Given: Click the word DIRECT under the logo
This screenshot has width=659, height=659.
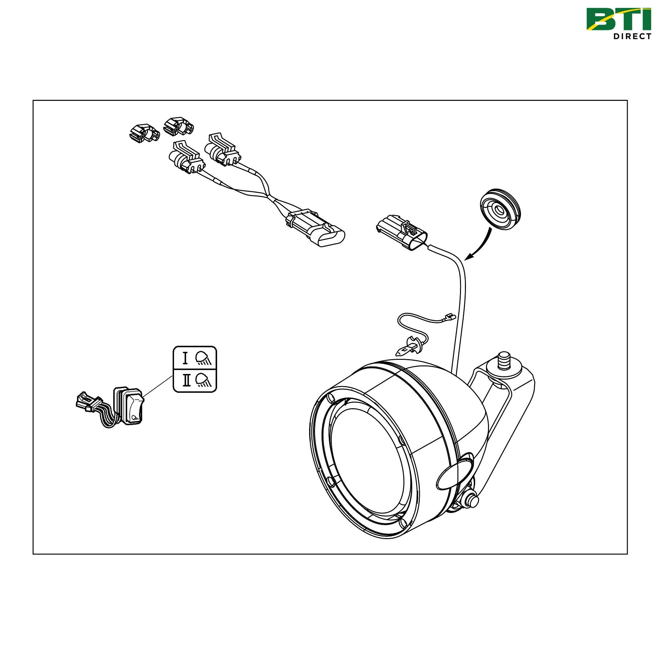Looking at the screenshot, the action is (632, 37).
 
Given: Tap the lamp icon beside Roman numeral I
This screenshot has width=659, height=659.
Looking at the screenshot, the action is (204, 358).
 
